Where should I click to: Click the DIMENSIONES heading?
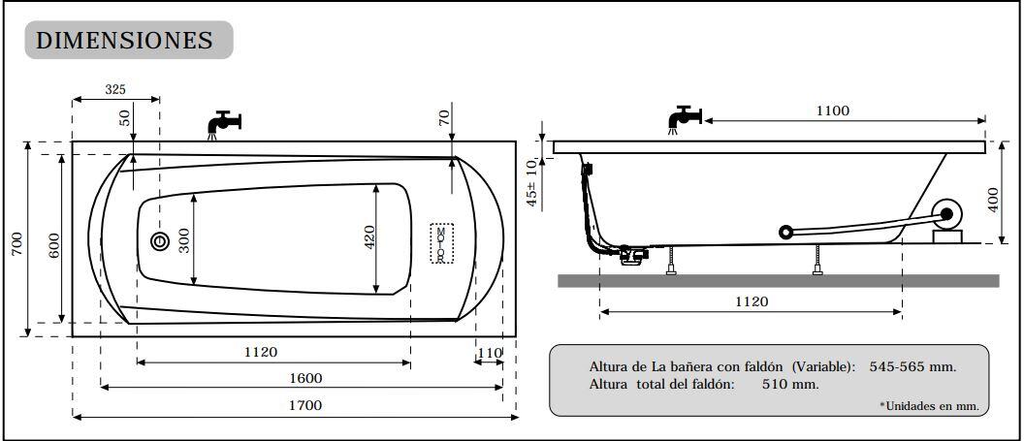coord(124,41)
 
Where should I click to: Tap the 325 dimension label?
coord(115,89)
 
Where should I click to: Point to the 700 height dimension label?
coord(16,243)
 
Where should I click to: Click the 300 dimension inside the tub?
coord(181,240)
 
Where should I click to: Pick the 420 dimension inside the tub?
coord(369,238)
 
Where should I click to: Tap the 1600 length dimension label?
coord(304,378)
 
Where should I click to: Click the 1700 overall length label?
coord(304,405)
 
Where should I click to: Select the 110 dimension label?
coord(490,352)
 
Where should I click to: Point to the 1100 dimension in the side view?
coord(832,110)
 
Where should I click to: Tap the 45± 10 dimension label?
coord(531,182)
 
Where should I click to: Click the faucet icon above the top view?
coord(223,124)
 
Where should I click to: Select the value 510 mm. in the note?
coord(776,384)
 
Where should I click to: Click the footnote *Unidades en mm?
coord(928,405)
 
